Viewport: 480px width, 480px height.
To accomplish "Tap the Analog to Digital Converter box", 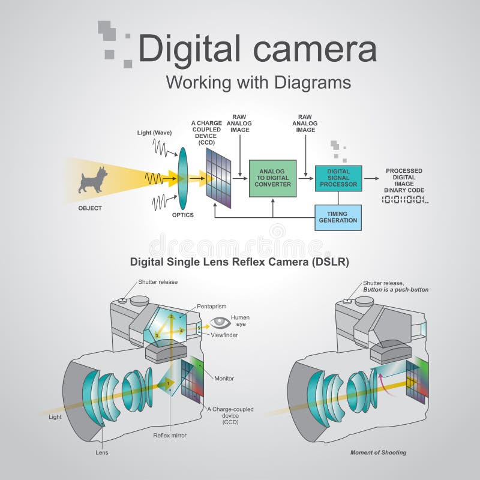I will point(273,178).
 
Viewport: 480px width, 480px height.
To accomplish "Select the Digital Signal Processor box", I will point(338,178).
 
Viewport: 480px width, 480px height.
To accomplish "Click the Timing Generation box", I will point(338,217).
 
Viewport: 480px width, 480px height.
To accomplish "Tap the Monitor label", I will point(224,379).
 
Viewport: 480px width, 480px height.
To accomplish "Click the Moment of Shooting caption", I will point(378,452).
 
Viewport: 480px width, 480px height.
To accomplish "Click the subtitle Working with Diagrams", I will point(258,82).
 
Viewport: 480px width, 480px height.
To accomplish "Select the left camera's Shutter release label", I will point(158,281).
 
